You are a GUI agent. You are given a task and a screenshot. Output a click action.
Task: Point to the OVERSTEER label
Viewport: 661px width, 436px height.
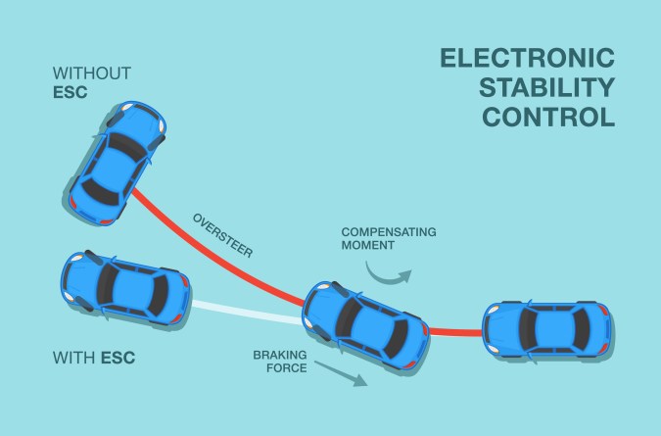[223, 234]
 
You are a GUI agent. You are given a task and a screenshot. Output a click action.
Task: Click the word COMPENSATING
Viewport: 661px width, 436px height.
[389, 232]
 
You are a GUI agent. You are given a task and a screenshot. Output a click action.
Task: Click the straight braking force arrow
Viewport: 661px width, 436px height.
[342, 372]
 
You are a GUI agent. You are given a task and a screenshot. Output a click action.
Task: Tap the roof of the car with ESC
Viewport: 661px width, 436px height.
[124, 287]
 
